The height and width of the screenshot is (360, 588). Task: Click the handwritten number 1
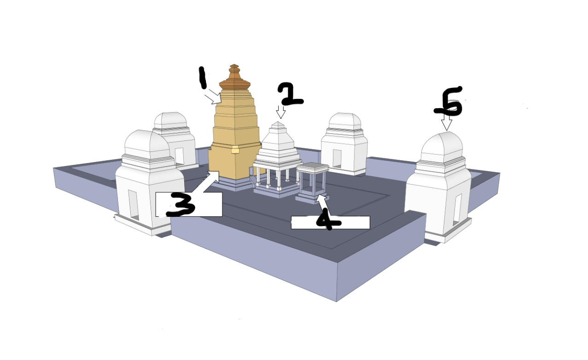click(202, 78)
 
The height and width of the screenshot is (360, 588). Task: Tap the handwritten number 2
click(290, 94)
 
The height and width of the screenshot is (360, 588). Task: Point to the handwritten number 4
click(328, 219)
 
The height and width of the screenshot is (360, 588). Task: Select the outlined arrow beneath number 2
click(280, 112)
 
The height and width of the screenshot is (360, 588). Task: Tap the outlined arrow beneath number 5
click(447, 122)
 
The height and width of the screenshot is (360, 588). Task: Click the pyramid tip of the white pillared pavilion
click(278, 124)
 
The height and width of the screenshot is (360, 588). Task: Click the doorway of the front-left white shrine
click(134, 205)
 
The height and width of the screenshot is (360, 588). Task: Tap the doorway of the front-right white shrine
click(457, 210)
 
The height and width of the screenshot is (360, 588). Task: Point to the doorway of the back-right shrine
click(337, 159)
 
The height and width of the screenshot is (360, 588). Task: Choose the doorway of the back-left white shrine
click(180, 157)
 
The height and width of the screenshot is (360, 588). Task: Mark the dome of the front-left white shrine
click(147, 144)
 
